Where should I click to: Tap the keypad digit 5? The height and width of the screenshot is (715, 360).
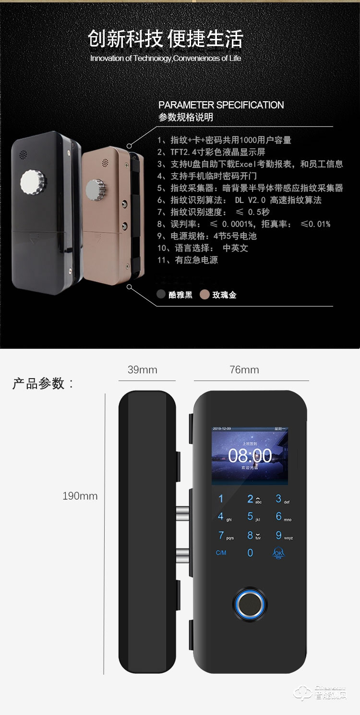(x=250, y=516)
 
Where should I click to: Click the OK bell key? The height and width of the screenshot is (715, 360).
(x=278, y=552)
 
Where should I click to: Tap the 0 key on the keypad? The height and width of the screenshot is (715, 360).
(x=250, y=553)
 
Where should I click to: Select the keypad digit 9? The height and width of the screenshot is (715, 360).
(x=279, y=535)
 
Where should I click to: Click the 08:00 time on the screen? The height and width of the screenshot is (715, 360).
(x=250, y=455)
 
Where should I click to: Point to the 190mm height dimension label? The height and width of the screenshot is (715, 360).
(x=80, y=496)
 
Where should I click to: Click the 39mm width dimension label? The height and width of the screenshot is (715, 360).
(x=142, y=370)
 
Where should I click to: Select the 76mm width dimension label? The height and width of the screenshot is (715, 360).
(x=244, y=370)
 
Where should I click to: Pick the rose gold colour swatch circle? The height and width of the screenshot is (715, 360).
(x=205, y=295)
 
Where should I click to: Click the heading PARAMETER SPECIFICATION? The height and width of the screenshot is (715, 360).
(x=221, y=105)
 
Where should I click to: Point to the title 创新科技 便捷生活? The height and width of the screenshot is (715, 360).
(x=166, y=39)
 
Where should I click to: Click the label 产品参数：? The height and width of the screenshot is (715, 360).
(x=43, y=383)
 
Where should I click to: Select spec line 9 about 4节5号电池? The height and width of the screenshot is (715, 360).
(x=207, y=236)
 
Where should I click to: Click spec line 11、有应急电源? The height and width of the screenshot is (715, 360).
(x=187, y=260)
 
